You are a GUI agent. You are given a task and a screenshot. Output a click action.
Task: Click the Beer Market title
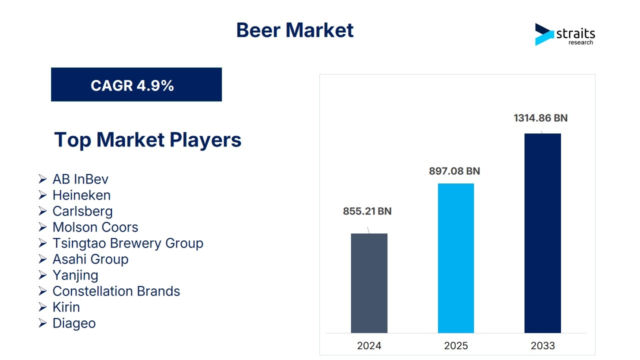click(x=295, y=30)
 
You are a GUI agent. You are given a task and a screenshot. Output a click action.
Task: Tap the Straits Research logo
click(x=565, y=34)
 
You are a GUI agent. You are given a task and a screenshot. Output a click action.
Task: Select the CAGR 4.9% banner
click(x=136, y=84)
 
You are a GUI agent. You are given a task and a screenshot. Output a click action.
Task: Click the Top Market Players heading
click(x=147, y=139)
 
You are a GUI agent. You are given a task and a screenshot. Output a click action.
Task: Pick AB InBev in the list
click(x=80, y=179)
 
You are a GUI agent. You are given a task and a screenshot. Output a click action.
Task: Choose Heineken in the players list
click(x=81, y=195)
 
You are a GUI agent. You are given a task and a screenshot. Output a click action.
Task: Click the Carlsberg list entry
click(x=82, y=211)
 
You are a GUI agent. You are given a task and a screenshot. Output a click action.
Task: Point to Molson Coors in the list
click(x=95, y=227)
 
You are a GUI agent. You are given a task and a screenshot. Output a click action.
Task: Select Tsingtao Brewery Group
click(x=128, y=243)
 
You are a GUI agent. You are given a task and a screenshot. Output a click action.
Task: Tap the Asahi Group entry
click(x=90, y=259)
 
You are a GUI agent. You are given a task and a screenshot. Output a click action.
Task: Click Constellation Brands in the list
click(x=116, y=291)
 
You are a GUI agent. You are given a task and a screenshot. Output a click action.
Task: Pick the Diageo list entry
click(x=74, y=323)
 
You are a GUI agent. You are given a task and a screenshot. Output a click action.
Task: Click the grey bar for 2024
click(x=369, y=283)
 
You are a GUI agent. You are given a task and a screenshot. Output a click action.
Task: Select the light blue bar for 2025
click(x=456, y=258)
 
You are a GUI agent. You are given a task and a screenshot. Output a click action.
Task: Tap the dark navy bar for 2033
click(x=542, y=233)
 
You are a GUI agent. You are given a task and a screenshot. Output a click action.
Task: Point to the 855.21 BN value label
click(x=367, y=211)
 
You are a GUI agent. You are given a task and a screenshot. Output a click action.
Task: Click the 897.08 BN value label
click(x=454, y=171)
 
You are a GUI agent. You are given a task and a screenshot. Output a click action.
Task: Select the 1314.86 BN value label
click(x=540, y=118)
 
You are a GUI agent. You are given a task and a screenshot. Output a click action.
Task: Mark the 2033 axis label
click(x=542, y=345)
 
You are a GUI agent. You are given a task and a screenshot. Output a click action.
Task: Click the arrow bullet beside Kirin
click(x=42, y=307)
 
